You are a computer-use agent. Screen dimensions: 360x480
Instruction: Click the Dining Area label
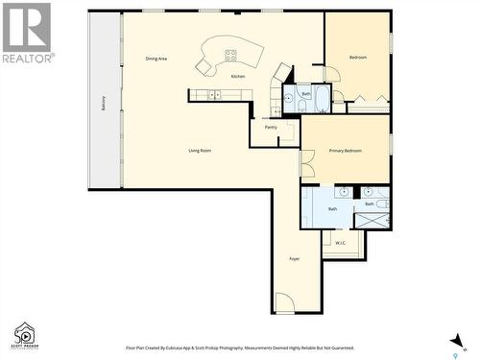[x=156, y=59]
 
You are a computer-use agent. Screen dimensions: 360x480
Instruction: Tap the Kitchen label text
[x=237, y=76]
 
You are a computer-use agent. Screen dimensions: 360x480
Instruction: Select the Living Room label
[x=200, y=150]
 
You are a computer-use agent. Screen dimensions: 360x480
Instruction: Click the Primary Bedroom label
[x=346, y=151]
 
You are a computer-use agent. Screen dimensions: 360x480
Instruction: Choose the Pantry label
[x=271, y=126]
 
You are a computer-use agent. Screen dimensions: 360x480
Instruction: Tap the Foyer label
[x=295, y=259]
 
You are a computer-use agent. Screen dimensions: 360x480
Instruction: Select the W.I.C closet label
[x=340, y=243]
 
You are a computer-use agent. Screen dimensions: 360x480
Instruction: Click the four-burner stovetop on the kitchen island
[x=230, y=55]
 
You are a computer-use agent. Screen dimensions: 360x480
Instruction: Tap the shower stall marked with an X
[x=372, y=220]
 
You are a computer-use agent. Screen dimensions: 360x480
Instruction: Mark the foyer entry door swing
[x=285, y=304]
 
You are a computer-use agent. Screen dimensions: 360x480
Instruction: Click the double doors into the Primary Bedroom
[x=306, y=163]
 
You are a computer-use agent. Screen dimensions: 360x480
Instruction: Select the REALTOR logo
[x=27, y=33]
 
